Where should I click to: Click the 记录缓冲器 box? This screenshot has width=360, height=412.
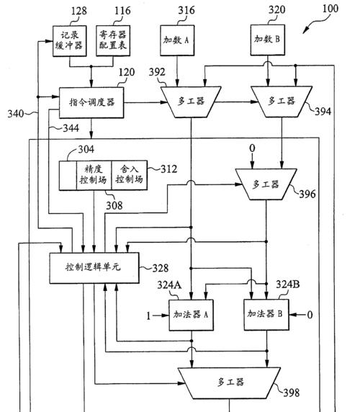[70, 41]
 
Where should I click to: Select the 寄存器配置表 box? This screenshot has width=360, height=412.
[113, 40]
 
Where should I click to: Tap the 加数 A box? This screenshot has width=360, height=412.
[177, 40]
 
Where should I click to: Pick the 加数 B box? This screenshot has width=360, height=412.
[268, 40]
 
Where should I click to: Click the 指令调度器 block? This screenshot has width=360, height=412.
[91, 102]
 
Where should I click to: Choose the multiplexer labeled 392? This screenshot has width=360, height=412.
[191, 102]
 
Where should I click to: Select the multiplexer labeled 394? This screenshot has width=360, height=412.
[282, 102]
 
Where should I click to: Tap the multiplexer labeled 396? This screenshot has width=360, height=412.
[266, 184]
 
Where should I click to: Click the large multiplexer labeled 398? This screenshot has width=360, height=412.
[229, 383]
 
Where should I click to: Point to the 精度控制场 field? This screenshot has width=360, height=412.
[94, 175]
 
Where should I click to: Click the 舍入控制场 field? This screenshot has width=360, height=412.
[129, 175]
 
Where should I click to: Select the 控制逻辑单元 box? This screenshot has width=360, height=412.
[94, 268]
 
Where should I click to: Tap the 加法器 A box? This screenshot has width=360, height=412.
[191, 315]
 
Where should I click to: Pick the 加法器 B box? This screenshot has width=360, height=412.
[266, 315]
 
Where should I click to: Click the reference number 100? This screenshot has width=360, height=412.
[330, 9]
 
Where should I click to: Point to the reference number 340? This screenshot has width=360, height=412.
[16, 114]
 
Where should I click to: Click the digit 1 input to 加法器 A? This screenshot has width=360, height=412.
[148, 315]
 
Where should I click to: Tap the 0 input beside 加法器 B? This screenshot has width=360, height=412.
[310, 315]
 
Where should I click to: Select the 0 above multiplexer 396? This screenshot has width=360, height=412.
[252, 148]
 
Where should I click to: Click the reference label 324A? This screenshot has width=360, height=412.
[169, 285]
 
